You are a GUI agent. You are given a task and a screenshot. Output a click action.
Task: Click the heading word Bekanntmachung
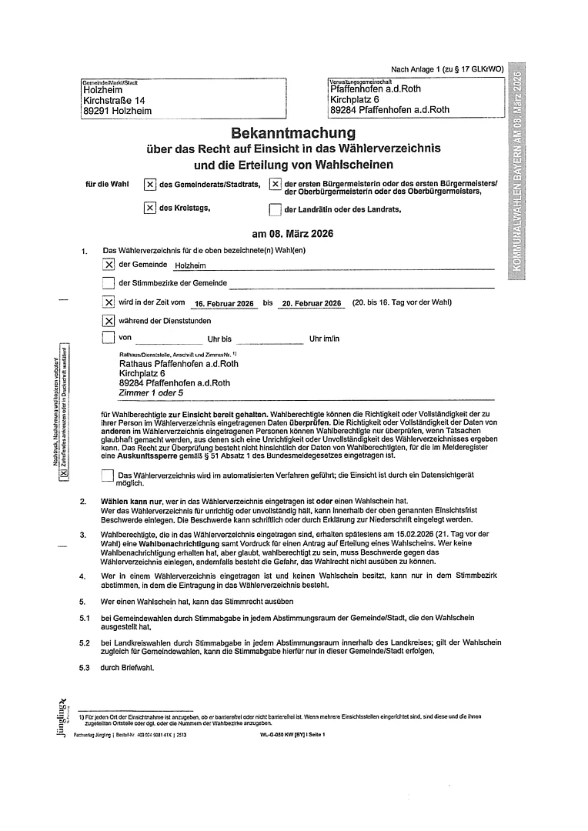pos(289,132)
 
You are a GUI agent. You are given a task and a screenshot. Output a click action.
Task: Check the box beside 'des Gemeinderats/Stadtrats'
pos(149,185)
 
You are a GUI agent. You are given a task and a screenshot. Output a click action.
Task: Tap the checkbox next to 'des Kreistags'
pos(149,208)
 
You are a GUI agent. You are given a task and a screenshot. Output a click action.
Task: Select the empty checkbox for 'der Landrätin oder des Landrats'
pos(275,210)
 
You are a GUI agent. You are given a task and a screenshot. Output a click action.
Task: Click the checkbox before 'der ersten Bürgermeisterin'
pos(275,185)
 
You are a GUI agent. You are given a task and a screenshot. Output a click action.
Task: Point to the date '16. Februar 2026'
pos(219,304)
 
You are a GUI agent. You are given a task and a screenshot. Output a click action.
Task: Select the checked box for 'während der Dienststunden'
pos(109,321)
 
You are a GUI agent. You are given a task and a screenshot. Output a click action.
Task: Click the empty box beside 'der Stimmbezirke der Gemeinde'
pos(109,284)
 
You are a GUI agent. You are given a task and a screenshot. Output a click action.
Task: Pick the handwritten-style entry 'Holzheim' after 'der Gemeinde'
pos(191,265)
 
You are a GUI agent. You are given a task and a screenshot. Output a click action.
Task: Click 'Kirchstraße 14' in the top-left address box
pos(114,100)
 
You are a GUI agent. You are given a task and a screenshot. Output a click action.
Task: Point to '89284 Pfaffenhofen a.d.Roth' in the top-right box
pos(389,110)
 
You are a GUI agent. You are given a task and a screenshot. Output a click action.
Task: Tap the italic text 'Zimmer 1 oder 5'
pos(152,392)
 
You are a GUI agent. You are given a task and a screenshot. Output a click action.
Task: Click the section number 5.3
pos(85,668)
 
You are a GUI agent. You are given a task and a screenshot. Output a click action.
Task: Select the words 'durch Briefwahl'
pos(127,668)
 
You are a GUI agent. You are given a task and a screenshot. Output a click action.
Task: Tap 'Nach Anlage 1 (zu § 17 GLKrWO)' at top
pos(447,69)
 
